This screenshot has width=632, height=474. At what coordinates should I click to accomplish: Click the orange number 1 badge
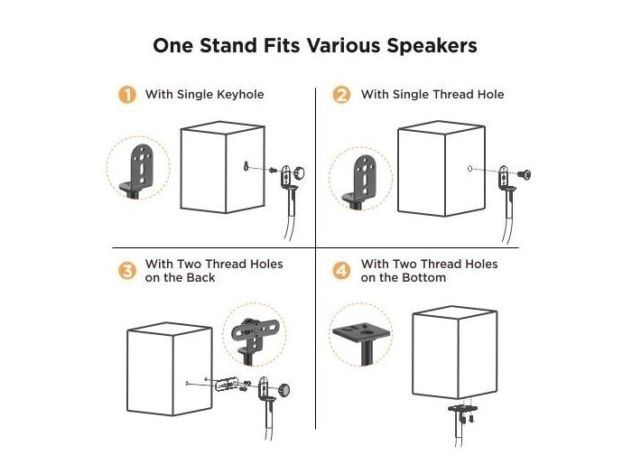pos(128,95)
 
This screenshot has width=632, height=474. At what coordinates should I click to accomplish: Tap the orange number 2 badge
pos(341,95)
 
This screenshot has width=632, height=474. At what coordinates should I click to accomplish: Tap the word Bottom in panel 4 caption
pos(424,278)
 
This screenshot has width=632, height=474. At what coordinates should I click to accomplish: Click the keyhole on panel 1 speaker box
pos(245,165)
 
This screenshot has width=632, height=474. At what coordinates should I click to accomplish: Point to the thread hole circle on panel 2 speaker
pos(469,169)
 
